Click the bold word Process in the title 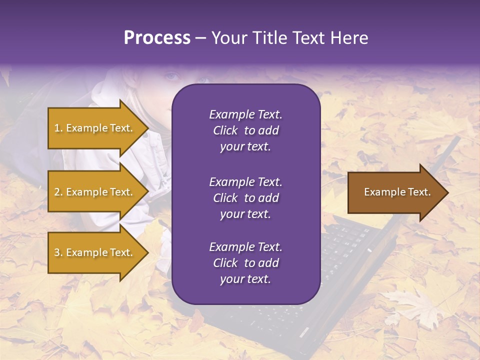[x=157, y=38]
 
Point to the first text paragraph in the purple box [x=245, y=130]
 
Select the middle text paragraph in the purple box [x=245, y=198]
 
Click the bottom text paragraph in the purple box [x=245, y=263]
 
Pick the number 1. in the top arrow [x=58, y=128]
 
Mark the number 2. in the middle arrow [x=58, y=192]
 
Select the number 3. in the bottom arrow [x=58, y=252]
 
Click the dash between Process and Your [x=200, y=38]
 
